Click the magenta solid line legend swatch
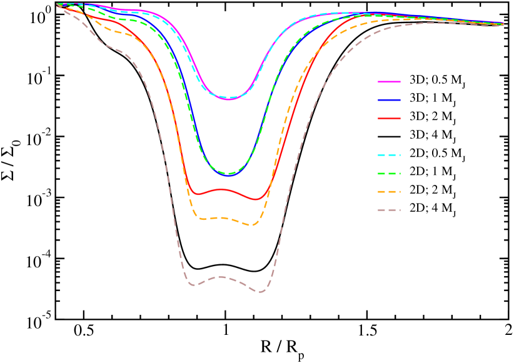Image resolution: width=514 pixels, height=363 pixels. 389,82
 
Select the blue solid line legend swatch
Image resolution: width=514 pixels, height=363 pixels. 389,100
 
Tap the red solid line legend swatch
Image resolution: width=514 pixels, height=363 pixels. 389,118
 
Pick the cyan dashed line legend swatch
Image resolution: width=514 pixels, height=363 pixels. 389,155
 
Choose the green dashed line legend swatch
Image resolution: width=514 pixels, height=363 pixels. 389,174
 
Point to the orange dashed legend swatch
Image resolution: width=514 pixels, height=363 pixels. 389,192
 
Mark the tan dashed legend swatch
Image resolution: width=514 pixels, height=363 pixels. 389,210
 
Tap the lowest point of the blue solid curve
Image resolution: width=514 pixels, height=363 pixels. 229,176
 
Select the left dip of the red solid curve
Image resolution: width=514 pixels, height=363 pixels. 199,194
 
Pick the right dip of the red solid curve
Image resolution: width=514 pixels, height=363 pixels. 256,200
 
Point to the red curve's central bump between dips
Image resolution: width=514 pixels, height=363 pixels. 220,189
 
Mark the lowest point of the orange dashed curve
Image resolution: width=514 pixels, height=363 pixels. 252,225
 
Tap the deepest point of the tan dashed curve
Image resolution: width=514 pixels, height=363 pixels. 261,292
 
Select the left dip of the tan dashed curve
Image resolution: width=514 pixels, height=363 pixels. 193,285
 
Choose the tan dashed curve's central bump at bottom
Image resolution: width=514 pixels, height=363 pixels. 220,276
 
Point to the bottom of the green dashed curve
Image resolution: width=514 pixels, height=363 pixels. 229,174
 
